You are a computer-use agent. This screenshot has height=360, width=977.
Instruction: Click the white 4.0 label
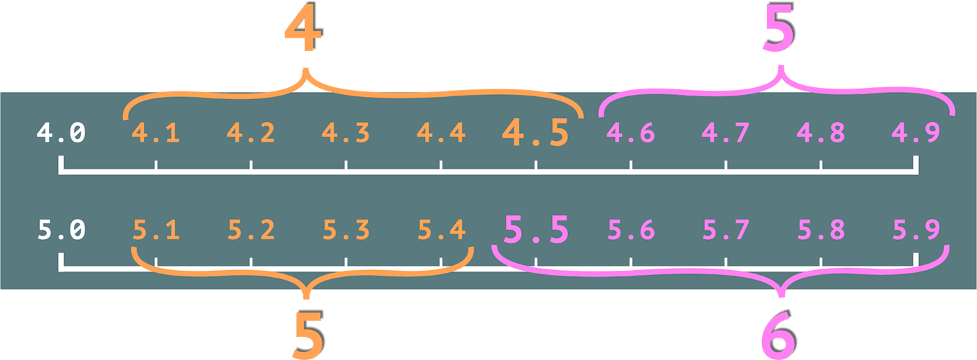pos(61,133)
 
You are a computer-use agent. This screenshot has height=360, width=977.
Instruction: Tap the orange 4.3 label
pos(346,133)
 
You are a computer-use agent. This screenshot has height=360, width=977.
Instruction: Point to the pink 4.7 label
pos(726,133)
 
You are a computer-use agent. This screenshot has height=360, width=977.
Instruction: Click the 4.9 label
pos(916,133)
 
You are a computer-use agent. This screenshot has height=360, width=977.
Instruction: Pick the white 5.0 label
pos(61,230)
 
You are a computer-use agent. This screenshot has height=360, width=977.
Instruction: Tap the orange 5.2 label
pos(251,230)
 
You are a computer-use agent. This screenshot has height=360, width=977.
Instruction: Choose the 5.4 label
pos(441,230)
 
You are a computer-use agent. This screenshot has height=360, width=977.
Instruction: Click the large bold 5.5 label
pos(536,230)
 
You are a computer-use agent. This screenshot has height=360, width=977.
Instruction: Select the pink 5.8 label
pos(821,230)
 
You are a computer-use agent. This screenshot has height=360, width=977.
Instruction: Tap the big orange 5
pos(307,335)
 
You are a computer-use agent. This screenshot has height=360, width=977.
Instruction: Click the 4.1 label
pos(156,133)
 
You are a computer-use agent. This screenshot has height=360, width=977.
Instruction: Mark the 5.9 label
pos(916,230)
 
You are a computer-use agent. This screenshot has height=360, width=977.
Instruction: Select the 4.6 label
pos(631,133)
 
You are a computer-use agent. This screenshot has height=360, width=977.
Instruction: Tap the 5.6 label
pos(631,230)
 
